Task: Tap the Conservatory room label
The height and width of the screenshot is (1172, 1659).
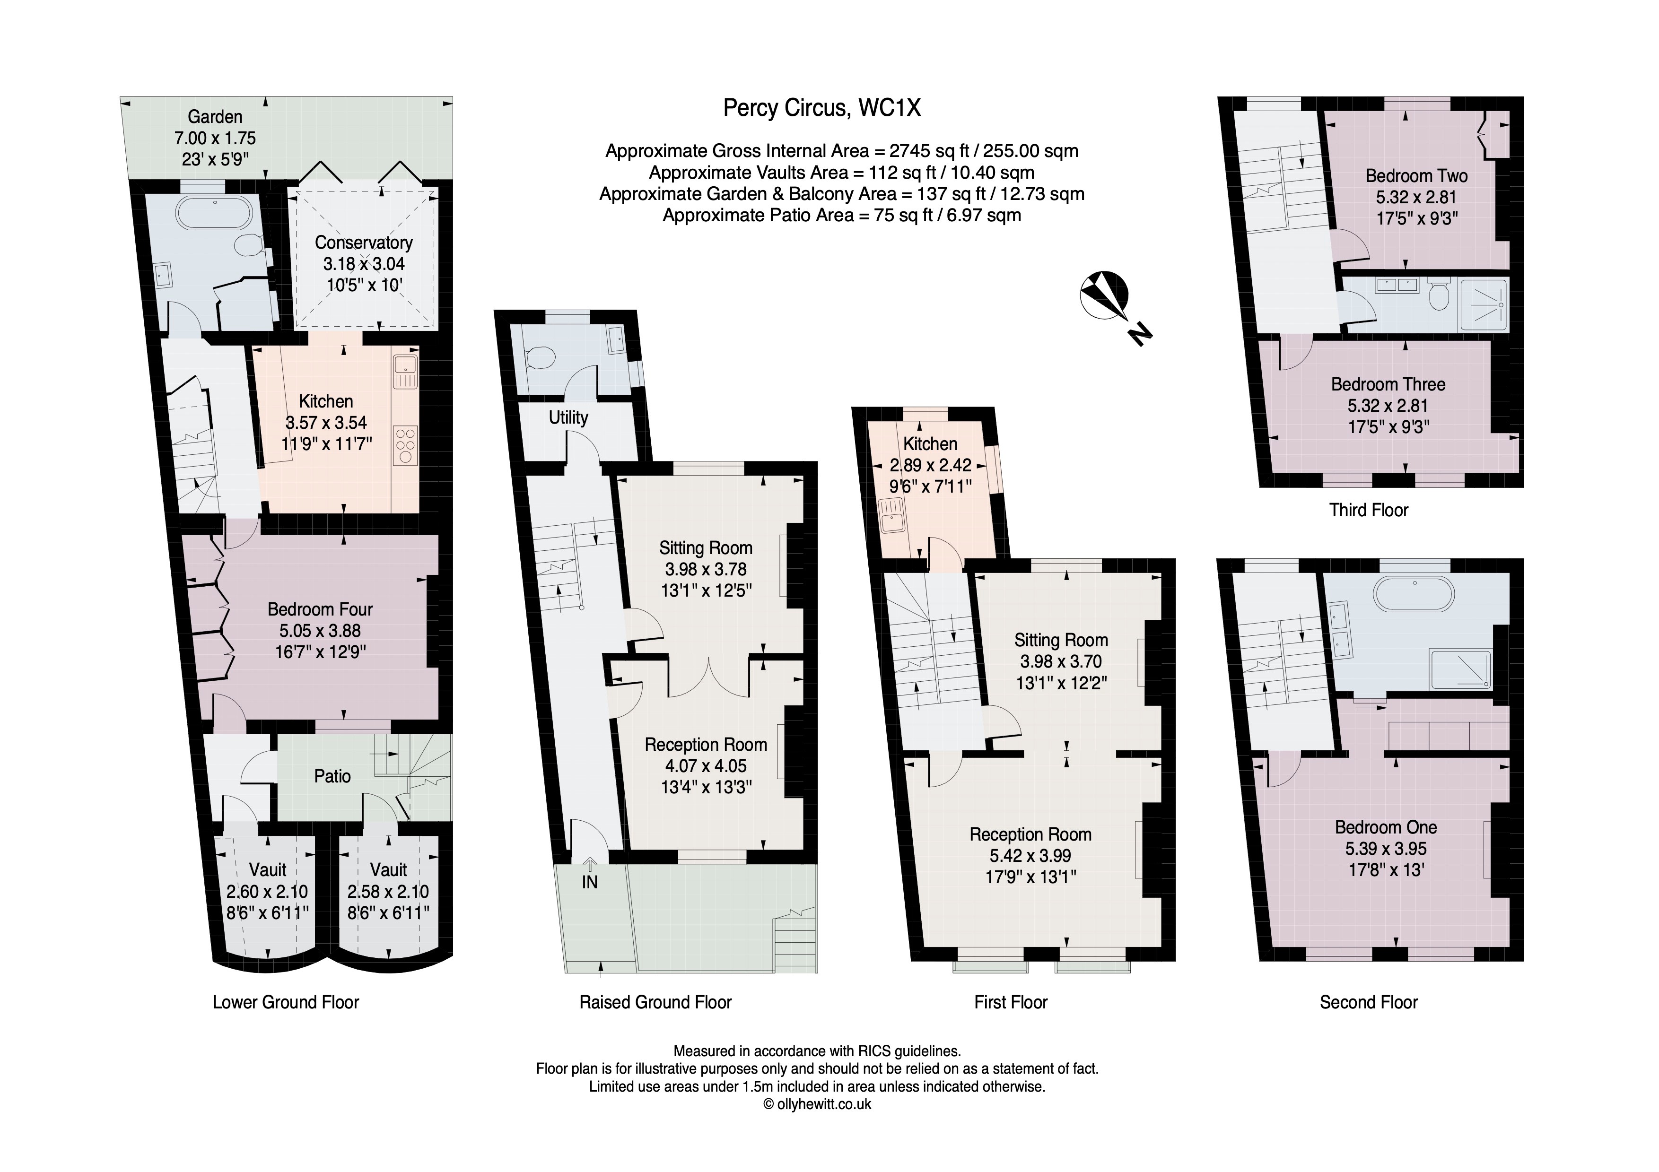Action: pyautogui.click(x=364, y=243)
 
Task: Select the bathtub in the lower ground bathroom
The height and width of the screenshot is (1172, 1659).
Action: pyautogui.click(x=217, y=211)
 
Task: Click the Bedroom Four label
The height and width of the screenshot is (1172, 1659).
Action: pyautogui.click(x=320, y=609)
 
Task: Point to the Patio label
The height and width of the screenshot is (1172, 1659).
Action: pyautogui.click(x=332, y=776)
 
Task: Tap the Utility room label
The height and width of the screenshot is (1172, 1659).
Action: pyautogui.click(x=568, y=417)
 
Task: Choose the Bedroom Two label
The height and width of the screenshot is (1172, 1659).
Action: pyautogui.click(x=1416, y=175)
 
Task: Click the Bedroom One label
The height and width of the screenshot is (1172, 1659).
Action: pyautogui.click(x=1385, y=827)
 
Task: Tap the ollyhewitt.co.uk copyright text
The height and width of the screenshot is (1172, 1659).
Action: pyautogui.click(x=817, y=1104)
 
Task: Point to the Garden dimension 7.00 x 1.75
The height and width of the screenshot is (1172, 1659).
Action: pyautogui.click(x=215, y=138)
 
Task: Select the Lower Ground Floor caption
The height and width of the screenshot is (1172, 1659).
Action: pyautogui.click(x=286, y=1002)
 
